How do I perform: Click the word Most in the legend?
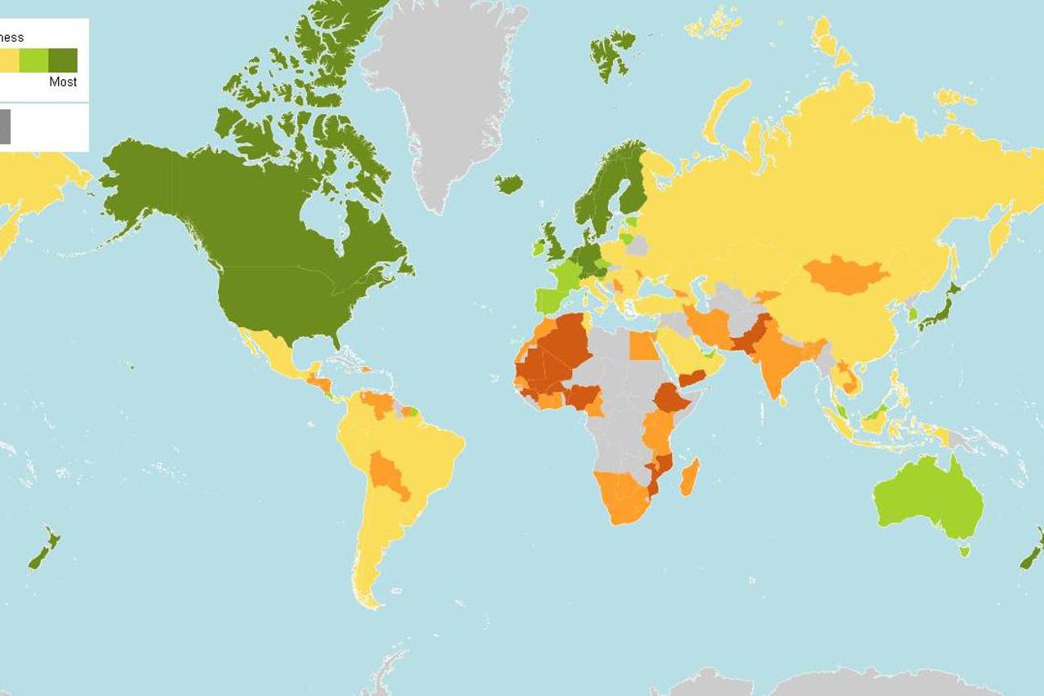[63, 82]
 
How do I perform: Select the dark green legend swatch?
[63, 60]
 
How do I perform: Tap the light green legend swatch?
[33, 60]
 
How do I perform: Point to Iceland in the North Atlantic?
[509, 184]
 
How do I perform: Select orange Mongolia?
[846, 273]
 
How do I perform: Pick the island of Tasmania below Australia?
[964, 551]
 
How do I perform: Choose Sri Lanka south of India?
[784, 401]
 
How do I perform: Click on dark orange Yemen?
[692, 378]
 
